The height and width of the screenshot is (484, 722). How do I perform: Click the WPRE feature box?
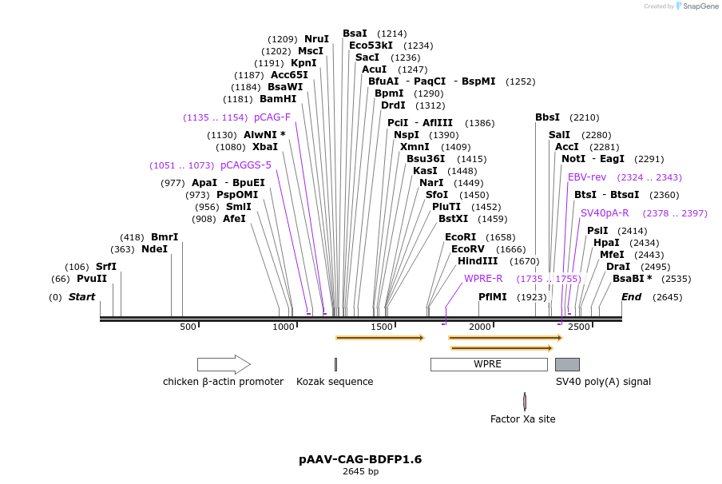tap(488, 364)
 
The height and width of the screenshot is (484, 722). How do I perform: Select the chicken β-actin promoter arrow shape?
tap(224, 364)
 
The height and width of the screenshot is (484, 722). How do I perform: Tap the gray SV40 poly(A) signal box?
tap(567, 364)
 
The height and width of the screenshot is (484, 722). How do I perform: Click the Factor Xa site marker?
tap(524, 401)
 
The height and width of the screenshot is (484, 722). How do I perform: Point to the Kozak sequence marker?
tap(335, 364)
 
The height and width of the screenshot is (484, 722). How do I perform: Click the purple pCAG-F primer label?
tap(272, 117)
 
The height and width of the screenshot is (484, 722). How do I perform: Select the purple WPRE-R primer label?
tap(483, 279)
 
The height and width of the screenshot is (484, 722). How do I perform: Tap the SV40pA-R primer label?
tap(605, 213)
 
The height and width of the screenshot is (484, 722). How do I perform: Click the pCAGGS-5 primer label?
tap(246, 165)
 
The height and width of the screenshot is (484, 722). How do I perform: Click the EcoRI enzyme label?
tap(460, 237)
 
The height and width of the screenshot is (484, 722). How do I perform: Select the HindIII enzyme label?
tap(478, 261)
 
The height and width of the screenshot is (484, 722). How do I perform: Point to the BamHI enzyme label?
tap(278, 99)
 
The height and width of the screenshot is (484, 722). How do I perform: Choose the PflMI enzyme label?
tap(493, 297)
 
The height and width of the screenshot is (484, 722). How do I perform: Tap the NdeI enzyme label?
tap(155, 249)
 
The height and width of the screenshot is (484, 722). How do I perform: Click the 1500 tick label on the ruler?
tap(382, 327)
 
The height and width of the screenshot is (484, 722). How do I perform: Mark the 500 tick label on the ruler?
tap(188, 327)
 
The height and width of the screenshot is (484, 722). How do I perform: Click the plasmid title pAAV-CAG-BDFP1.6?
tap(360, 459)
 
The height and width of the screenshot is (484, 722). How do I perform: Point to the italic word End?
tap(631, 297)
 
